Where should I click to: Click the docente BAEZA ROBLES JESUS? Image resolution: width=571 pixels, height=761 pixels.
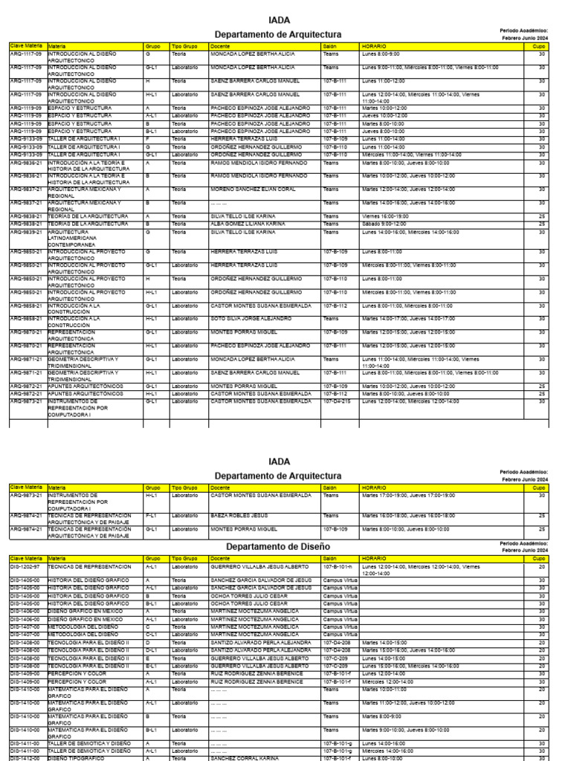pos(239,514)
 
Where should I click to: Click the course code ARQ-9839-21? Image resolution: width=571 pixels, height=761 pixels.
pos(26,230)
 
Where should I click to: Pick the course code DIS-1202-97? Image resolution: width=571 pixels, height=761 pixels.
pos(26,566)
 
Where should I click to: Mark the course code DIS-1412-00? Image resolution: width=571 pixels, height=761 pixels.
pos(26,758)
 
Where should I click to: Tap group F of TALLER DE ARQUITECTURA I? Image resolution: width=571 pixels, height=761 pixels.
pos(148,139)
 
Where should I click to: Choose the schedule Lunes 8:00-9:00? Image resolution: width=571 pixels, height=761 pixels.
pos(380,54)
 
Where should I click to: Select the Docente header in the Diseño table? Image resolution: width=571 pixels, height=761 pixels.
pos(220,557)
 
